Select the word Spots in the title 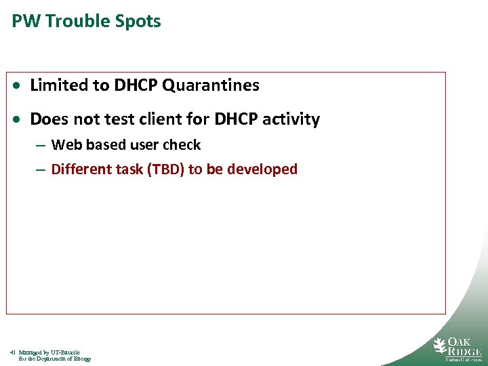pos(138,21)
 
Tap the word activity pos(292,119)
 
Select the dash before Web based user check pos(41,145)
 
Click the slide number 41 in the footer pos(13,352)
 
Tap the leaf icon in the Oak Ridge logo pos(441,346)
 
